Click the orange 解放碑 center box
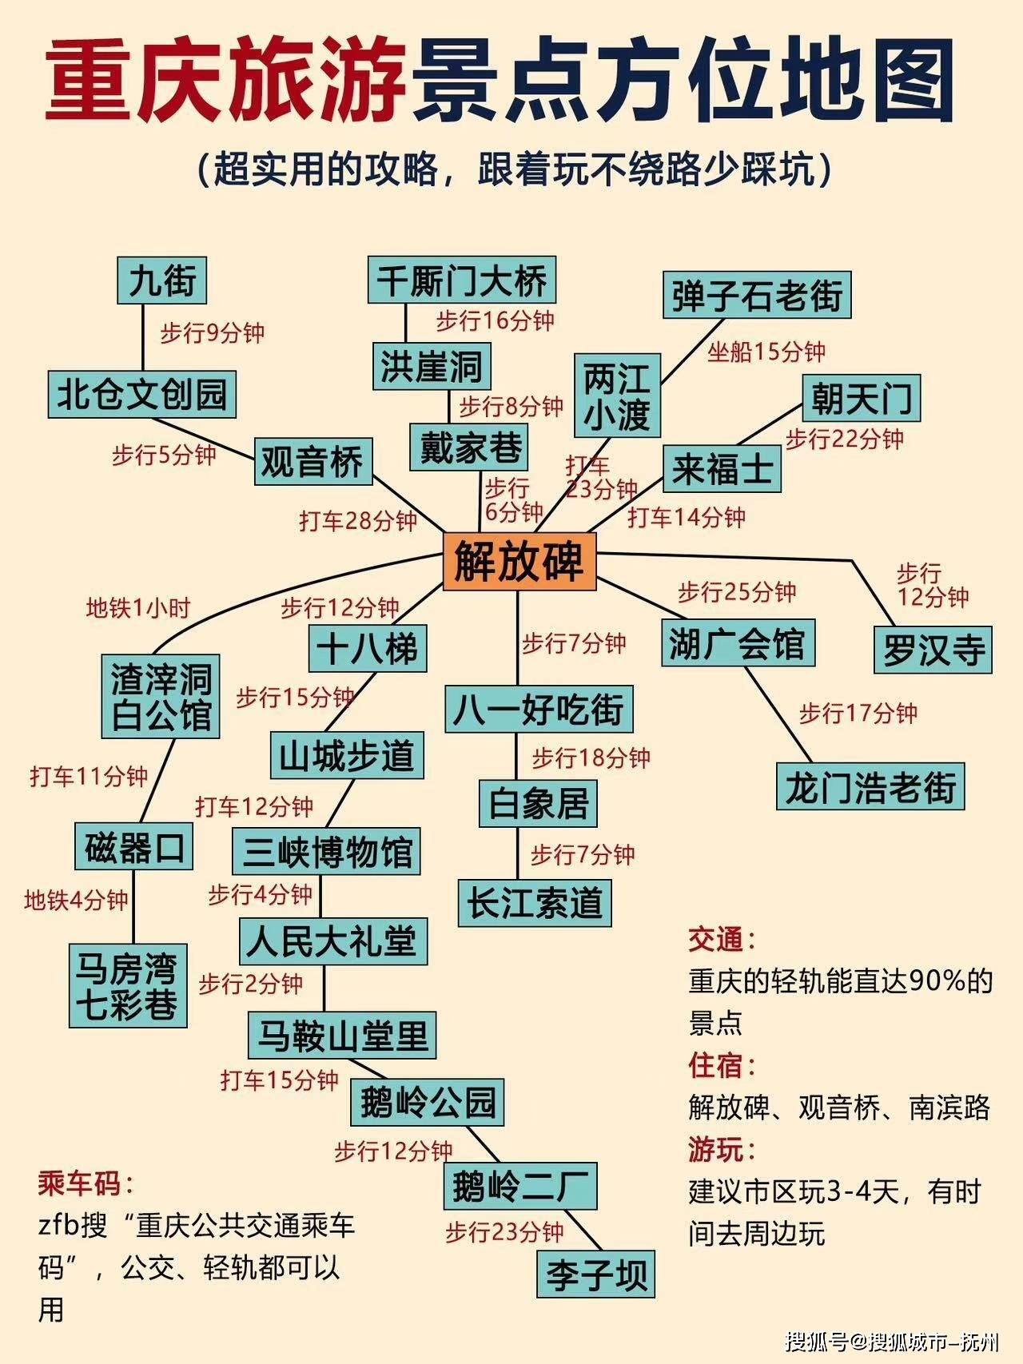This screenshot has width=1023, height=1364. [x=519, y=562]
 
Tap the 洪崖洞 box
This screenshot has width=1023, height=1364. [x=432, y=367]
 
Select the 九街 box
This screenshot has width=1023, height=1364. [x=162, y=280]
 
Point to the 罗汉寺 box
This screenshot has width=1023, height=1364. [x=933, y=650]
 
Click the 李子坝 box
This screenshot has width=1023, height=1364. [x=596, y=1274]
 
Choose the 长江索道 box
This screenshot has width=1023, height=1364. [x=535, y=903]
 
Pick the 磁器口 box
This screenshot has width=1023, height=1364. [x=134, y=846]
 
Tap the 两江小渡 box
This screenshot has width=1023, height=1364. [x=618, y=395]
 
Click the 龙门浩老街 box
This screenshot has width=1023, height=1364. [x=870, y=786]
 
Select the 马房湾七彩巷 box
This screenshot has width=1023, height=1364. [x=127, y=985]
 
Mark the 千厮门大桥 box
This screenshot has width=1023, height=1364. [x=462, y=280]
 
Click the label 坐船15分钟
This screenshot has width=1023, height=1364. [x=766, y=352]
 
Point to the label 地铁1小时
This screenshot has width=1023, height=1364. [x=138, y=608]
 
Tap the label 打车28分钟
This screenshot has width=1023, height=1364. [x=358, y=521]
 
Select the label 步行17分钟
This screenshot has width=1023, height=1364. [x=858, y=713]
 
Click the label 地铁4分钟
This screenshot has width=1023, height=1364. [x=76, y=901]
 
